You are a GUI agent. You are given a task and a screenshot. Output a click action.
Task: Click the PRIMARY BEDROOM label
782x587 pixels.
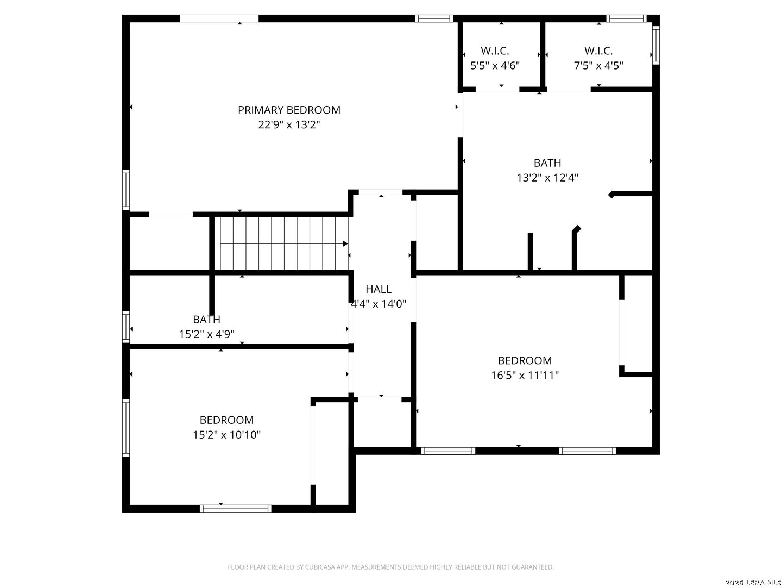coord(289,110)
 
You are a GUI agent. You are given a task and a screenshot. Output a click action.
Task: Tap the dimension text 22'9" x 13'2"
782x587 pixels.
coord(289,124)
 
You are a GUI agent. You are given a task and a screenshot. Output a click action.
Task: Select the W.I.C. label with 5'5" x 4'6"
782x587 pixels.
coord(495,51)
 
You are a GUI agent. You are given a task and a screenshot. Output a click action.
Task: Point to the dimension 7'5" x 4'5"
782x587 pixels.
coord(598,66)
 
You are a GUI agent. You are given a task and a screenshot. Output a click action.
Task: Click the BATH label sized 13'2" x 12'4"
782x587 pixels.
coord(547,163)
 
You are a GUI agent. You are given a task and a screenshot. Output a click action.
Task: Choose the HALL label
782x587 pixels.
coord(379,289)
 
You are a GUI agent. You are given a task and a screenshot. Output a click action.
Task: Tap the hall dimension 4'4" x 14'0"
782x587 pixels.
coord(379,304)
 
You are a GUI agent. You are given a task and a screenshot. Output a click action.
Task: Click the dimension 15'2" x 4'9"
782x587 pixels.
coord(206,334)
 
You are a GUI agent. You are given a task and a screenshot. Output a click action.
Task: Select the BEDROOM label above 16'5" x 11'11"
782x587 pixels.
coord(525,361)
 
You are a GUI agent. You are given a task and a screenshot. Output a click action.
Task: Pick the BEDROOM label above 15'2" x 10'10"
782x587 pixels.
coord(226,420)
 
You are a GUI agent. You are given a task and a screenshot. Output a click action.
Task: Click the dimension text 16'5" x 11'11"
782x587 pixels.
coord(525,375)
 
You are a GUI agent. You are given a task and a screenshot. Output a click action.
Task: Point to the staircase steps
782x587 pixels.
coord(282,243)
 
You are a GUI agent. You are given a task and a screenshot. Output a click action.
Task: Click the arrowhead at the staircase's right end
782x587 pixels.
coord(345,243)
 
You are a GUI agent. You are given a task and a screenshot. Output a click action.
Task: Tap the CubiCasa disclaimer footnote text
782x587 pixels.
coord(390,567)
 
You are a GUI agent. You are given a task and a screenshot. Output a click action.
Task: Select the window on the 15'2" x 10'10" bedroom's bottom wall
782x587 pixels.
coord(235,509)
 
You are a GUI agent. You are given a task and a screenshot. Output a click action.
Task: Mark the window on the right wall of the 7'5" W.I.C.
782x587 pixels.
coord(655,46)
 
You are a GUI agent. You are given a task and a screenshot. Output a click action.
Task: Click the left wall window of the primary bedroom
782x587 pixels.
coord(126,189)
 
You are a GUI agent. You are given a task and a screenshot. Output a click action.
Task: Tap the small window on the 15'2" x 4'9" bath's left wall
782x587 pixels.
coord(126,326)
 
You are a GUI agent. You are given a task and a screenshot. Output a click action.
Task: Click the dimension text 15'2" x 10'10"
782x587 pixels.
coord(226,435)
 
